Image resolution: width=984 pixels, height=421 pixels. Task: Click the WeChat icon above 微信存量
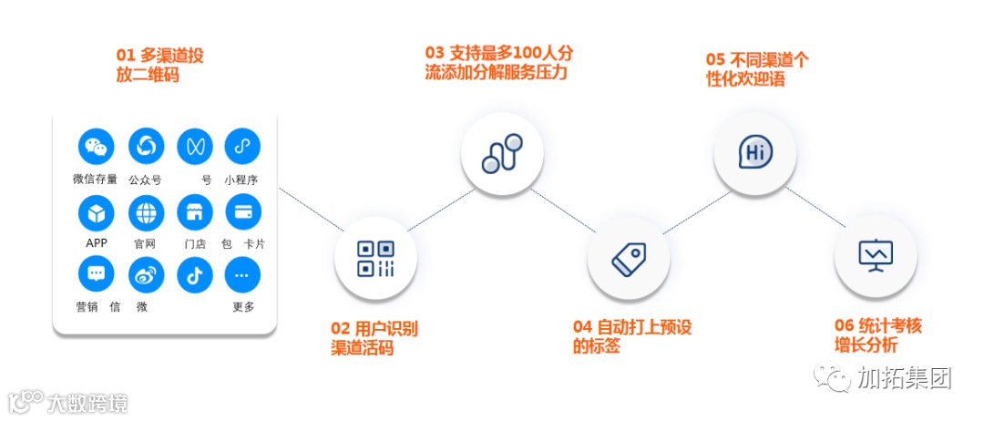[97, 146]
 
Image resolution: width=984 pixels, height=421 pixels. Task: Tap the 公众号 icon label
[145, 180]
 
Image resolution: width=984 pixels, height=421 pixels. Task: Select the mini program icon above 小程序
[242, 146]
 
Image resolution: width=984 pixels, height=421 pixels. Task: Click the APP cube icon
[97, 212]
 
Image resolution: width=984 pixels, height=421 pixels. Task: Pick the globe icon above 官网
[146, 212]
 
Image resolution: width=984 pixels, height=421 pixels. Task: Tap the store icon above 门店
[194, 212]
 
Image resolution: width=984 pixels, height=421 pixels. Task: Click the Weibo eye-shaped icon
[146, 275]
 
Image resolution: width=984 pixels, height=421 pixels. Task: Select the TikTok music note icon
[194, 275]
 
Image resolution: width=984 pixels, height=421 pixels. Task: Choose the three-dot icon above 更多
[242, 275]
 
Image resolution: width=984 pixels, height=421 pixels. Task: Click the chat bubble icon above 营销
[97, 275]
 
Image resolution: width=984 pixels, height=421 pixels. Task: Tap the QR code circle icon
[375, 259]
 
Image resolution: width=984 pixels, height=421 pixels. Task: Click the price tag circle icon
[629, 259]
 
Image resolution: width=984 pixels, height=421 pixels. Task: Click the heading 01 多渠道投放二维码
[159, 65]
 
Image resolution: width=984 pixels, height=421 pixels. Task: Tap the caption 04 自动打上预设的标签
[631, 336]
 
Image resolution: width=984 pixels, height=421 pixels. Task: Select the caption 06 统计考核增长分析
[878, 335]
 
